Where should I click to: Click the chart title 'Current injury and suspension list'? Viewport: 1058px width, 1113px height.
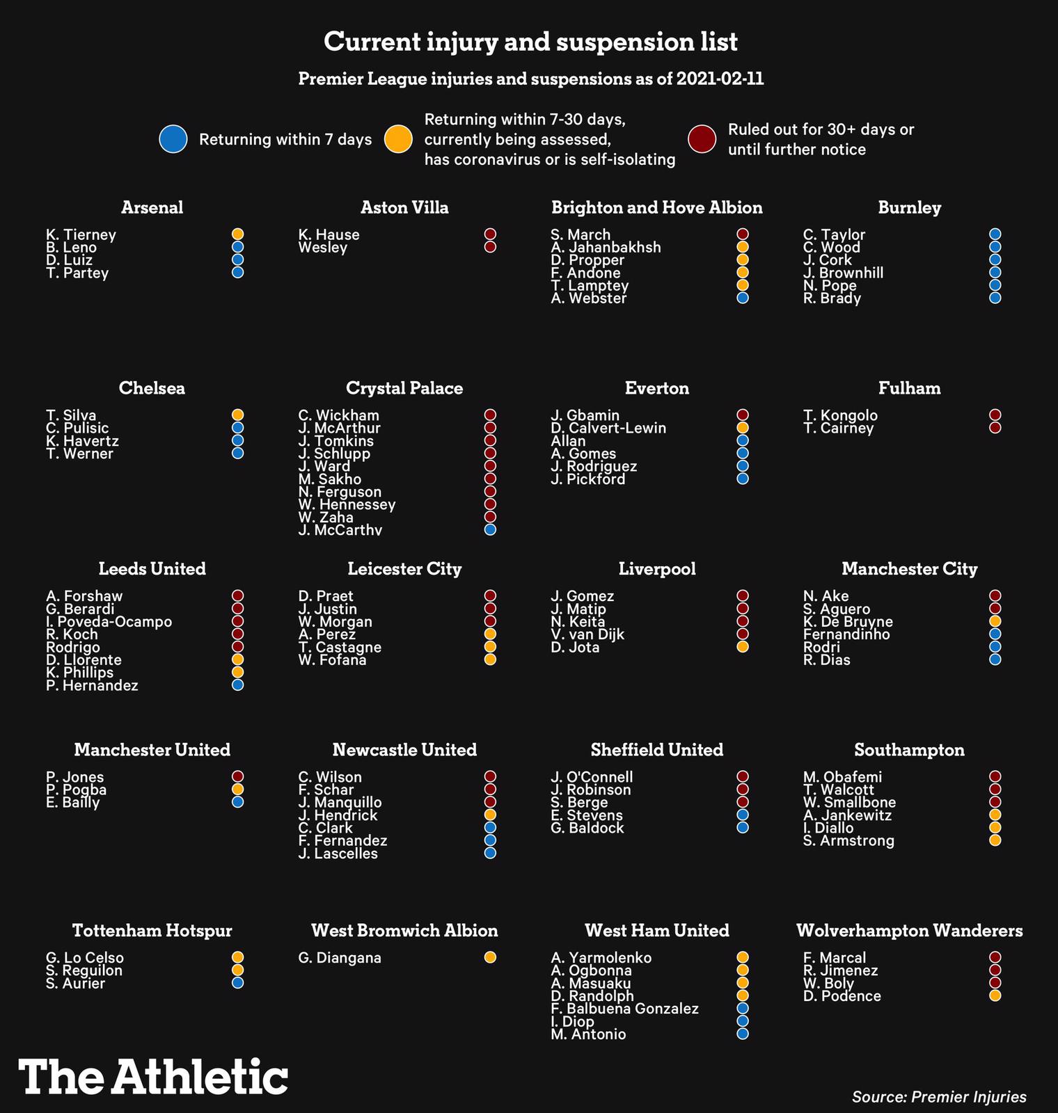point(530,42)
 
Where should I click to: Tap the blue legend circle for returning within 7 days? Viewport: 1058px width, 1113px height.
point(173,139)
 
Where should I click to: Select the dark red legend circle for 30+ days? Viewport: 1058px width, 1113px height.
point(702,139)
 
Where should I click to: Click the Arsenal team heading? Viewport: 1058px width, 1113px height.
point(152,207)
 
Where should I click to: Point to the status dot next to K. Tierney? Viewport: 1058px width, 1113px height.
point(238,234)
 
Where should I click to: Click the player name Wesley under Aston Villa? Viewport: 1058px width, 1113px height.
point(322,248)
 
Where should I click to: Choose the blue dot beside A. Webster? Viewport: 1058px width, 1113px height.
point(743,298)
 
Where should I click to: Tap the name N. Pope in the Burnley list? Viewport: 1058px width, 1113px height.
point(830,286)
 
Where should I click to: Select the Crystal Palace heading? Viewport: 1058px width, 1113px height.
point(404,388)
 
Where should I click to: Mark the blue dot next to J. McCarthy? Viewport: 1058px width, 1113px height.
point(490,529)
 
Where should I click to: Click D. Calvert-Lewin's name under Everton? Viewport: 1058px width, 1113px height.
point(608,429)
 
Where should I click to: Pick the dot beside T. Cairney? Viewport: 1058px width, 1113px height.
point(995,428)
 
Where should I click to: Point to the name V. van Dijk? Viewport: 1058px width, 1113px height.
point(587,634)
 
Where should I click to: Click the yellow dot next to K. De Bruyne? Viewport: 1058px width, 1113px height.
point(995,621)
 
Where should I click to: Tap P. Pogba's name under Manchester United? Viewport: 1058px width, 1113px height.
point(77,790)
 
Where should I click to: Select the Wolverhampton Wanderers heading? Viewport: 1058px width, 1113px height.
point(909,931)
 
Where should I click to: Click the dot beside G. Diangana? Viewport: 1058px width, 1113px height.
point(490,957)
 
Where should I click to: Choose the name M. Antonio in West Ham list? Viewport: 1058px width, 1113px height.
point(588,1034)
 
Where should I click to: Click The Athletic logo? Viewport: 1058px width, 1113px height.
point(153,1078)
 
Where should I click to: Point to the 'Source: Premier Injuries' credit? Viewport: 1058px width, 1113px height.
point(938,1097)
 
